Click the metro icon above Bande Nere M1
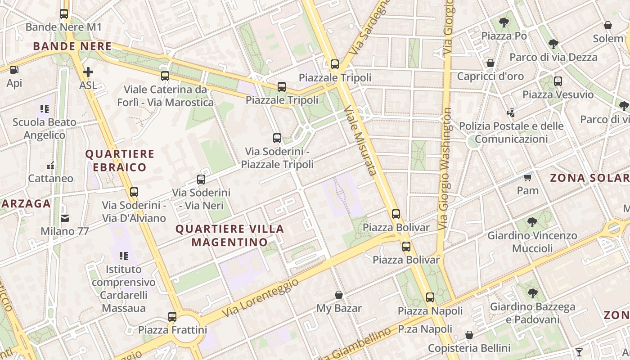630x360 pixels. pyautogui.click(x=64, y=14)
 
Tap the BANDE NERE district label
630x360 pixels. pyautogui.click(x=72, y=46)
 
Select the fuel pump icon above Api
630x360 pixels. pyautogui.click(x=14, y=70)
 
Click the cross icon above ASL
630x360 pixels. pyautogui.click(x=88, y=72)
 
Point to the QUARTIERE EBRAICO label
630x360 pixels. pyautogui.click(x=120, y=161)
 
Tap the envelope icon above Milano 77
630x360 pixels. pyautogui.click(x=65, y=218)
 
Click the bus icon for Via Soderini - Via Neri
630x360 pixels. pyautogui.click(x=201, y=180)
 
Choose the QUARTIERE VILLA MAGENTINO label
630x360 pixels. pyautogui.click(x=229, y=235)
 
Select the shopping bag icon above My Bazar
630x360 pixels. pyautogui.click(x=339, y=295)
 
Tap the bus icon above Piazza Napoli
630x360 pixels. pyautogui.click(x=430, y=297)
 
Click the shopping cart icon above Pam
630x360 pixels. pyautogui.click(x=527, y=177)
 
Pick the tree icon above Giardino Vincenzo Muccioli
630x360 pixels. pyautogui.click(x=532, y=222)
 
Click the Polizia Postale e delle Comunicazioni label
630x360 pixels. pyautogui.click(x=511, y=132)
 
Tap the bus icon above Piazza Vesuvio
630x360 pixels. pyautogui.click(x=558, y=81)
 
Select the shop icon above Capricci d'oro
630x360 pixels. pyautogui.click(x=490, y=63)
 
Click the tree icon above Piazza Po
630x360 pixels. pyautogui.click(x=504, y=22)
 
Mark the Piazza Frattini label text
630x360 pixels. pyautogui.click(x=172, y=330)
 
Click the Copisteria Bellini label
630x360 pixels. pyautogui.click(x=469, y=348)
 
